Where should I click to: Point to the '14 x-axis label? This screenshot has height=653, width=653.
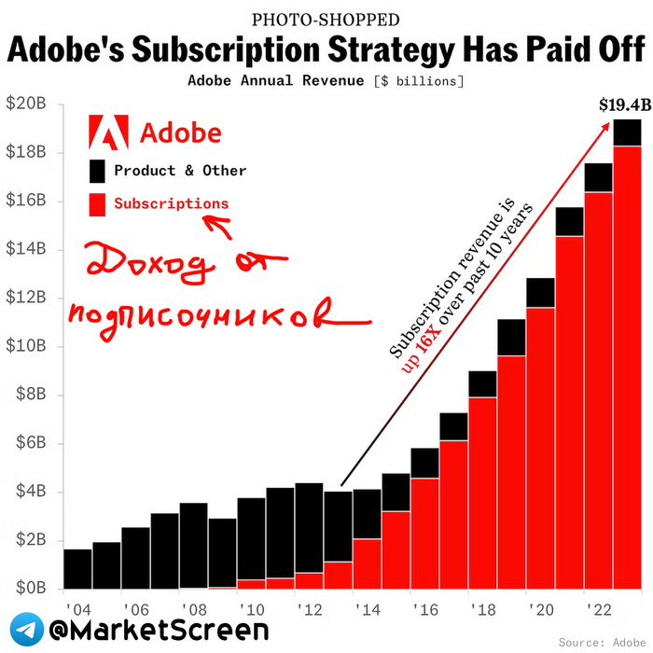pyautogui.click(x=368, y=608)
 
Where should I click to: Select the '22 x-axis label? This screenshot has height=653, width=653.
pyautogui.click(x=598, y=608)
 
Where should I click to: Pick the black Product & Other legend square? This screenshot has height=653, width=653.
pyautogui.click(x=98, y=171)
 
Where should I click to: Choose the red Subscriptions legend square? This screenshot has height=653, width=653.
pyautogui.click(x=98, y=204)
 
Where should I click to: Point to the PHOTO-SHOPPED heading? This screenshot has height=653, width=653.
pyautogui.click(x=326, y=19)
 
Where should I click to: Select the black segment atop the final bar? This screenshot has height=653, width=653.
pyautogui.click(x=627, y=132)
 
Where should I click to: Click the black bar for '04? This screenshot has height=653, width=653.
pyautogui.click(x=77, y=569)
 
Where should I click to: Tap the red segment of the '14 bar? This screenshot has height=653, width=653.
pyautogui.click(x=368, y=564)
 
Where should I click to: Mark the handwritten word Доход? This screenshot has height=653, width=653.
pyautogui.click(x=146, y=265)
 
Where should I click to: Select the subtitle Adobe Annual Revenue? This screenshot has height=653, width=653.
pyautogui.click(x=277, y=81)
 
